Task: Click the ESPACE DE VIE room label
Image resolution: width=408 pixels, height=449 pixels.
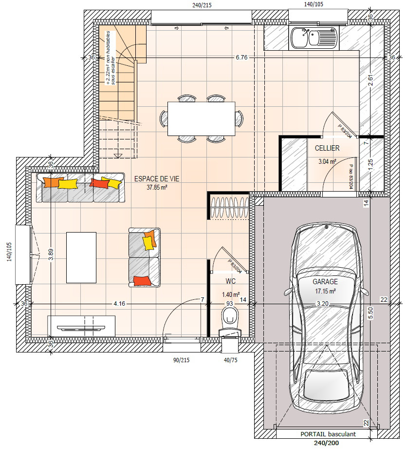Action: [x=157, y=179]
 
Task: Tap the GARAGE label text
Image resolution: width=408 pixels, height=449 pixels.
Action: [x=325, y=282]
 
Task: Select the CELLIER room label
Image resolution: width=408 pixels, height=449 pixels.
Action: [x=327, y=148]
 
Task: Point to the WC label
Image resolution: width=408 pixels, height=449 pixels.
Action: [x=230, y=281]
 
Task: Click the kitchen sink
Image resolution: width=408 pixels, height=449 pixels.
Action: [x=314, y=38]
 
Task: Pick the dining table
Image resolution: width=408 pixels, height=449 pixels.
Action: [x=201, y=118]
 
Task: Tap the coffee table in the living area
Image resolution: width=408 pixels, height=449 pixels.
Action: [x=81, y=257]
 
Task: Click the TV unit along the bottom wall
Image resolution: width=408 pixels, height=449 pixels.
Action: [x=81, y=326]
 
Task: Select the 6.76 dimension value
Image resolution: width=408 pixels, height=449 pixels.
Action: [x=241, y=58]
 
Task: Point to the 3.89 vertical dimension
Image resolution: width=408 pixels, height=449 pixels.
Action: [x=51, y=254]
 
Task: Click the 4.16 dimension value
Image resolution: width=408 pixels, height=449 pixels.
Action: [x=119, y=304]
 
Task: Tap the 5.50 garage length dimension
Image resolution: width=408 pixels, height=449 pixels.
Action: [x=371, y=313]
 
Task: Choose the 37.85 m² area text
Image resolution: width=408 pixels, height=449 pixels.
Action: [x=157, y=188]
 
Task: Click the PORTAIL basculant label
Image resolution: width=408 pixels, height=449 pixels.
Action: [x=328, y=434]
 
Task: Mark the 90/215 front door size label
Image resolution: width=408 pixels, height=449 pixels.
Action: [x=181, y=360]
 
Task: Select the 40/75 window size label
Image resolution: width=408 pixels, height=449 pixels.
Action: [x=230, y=360]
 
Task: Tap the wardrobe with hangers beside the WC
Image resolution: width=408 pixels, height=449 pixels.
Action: [x=229, y=206]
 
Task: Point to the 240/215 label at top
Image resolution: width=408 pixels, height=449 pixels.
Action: [x=202, y=5]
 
